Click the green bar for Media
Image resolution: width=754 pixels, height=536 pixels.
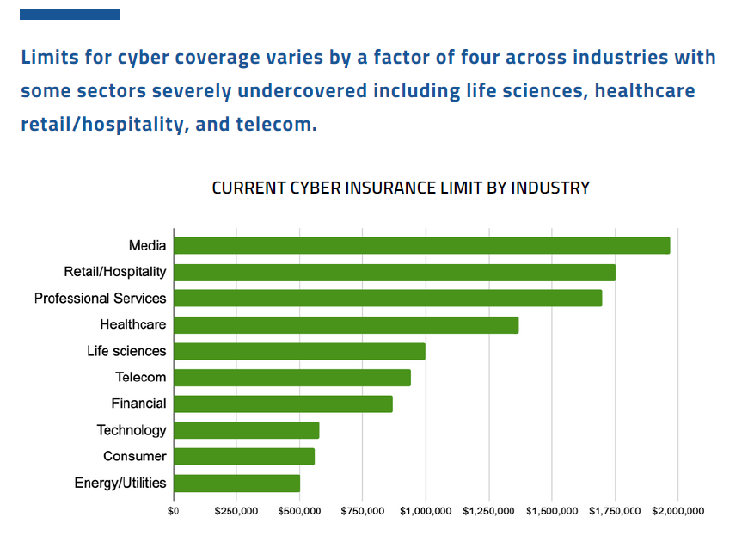421,245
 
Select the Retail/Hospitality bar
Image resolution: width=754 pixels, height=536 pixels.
395,272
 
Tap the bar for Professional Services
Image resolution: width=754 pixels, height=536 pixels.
388,299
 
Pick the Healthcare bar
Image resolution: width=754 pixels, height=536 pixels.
346,325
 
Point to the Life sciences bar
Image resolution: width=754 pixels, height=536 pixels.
299,351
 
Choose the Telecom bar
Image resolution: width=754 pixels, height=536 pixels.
292,378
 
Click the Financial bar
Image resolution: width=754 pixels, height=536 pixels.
283,404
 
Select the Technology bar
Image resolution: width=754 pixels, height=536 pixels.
247,430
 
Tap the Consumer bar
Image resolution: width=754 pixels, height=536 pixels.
244,457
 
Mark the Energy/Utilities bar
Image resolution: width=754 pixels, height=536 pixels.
236,484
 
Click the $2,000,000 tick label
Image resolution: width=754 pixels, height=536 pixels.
677,511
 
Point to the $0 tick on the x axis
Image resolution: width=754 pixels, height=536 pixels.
174,511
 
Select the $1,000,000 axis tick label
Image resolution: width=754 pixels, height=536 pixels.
426,511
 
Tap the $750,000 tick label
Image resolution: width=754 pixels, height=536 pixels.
362,511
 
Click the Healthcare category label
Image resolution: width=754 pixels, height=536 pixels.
133,325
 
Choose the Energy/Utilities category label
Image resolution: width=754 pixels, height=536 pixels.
120,484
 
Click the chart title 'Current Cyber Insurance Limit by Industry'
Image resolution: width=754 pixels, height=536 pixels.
401,188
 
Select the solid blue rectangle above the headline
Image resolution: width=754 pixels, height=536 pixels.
70,15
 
